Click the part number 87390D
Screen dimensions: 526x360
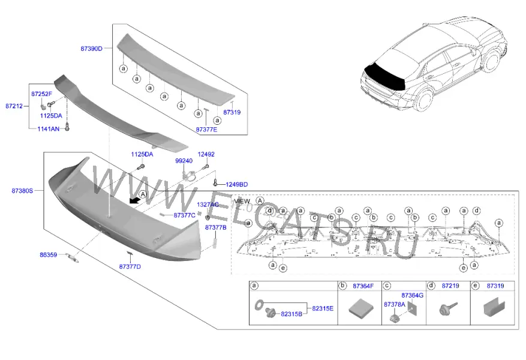(91, 49)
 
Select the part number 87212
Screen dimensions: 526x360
(14, 106)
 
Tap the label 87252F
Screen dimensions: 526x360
(41, 94)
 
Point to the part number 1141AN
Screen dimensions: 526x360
(49, 129)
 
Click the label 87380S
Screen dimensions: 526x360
(22, 191)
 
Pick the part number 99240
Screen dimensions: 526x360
(184, 161)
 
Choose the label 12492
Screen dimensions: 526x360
(206, 154)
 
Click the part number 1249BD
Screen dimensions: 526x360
(236, 185)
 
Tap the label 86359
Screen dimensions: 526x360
(49, 255)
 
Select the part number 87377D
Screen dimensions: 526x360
(130, 267)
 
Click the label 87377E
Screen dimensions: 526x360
(206, 130)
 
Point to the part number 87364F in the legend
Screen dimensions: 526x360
(363, 286)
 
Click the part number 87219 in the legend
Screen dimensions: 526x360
(450, 286)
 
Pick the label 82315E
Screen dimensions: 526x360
(323, 308)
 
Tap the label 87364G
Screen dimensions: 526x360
(412, 295)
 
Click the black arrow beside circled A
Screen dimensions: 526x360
(134, 200)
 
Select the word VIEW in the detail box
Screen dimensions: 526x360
(242, 202)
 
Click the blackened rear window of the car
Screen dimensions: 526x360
(386, 76)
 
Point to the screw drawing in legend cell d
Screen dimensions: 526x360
(448, 308)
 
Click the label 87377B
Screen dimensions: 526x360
(216, 227)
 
